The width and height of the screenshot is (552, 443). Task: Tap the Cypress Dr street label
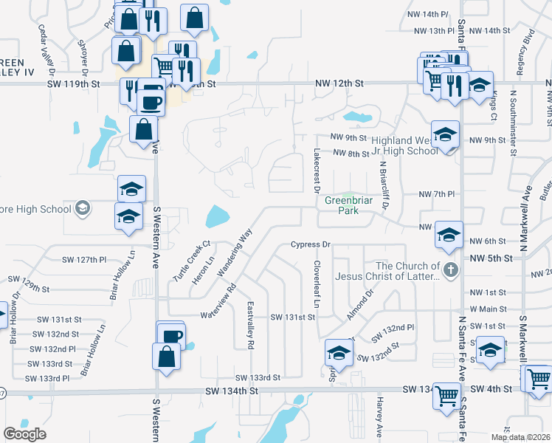tap(308, 244)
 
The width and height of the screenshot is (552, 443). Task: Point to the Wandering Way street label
tap(236, 253)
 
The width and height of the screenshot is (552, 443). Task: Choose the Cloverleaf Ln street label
tap(317, 284)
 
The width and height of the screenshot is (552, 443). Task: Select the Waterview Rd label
tap(218, 303)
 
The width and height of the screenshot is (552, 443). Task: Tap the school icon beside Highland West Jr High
tap(446, 135)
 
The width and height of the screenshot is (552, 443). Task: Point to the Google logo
tap(24, 434)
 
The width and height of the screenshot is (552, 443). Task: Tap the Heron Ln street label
tap(204, 269)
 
